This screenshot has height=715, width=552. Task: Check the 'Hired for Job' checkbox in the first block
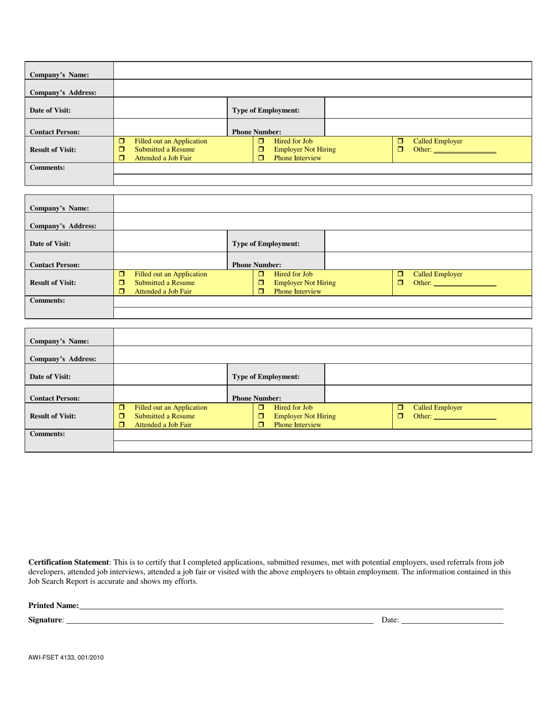(261, 141)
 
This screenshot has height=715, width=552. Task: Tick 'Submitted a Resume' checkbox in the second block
(122, 283)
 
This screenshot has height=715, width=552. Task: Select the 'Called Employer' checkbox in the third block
(400, 407)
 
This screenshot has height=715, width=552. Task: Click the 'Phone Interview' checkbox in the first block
(261, 158)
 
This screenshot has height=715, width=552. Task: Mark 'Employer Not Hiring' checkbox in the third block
(261, 416)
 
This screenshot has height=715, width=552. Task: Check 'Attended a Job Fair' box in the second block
(122, 291)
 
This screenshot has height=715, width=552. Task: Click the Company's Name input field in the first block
(322, 71)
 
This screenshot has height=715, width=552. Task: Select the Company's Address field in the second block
(322, 221)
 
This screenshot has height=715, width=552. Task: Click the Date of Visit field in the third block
(170, 374)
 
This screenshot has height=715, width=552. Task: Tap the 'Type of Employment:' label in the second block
(266, 244)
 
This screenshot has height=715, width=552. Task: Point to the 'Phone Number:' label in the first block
(257, 132)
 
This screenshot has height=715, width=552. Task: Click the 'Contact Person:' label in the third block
(55, 398)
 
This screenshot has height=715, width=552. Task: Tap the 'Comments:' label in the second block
(47, 301)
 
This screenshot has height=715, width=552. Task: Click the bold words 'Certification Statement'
(69, 563)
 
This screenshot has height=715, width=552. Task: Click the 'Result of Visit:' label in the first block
(53, 149)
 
